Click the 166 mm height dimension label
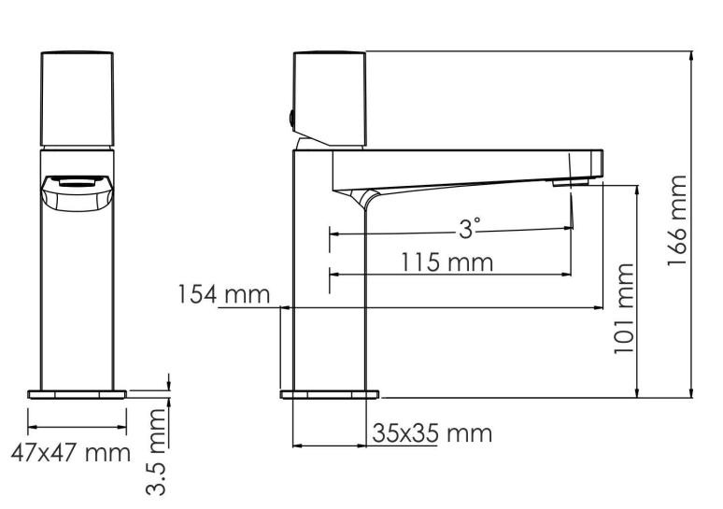(678, 220)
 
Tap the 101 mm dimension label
(624, 309)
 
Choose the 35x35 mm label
(432, 433)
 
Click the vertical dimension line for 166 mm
(692, 224)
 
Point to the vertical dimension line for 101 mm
(637, 290)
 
